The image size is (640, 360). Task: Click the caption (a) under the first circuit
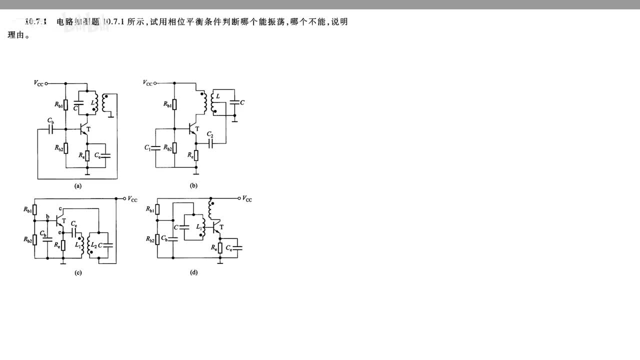click(x=77, y=185)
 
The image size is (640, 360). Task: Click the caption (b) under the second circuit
click(x=193, y=185)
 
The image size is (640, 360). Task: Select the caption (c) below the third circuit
click(x=77, y=272)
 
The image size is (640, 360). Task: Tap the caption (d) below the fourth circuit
click(x=193, y=272)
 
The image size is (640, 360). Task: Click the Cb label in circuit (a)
click(x=51, y=120)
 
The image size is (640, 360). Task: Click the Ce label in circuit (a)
click(x=97, y=156)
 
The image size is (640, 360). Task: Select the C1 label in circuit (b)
click(x=147, y=148)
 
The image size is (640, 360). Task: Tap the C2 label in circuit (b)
click(x=210, y=135)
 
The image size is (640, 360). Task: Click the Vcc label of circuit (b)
click(x=147, y=83)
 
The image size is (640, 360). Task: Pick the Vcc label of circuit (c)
click(x=132, y=199)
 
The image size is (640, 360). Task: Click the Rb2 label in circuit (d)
click(x=149, y=239)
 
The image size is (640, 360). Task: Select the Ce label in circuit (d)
click(x=228, y=248)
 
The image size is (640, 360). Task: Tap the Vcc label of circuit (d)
click(x=247, y=199)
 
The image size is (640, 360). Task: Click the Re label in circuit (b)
click(x=190, y=155)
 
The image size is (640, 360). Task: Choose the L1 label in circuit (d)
click(x=199, y=227)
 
